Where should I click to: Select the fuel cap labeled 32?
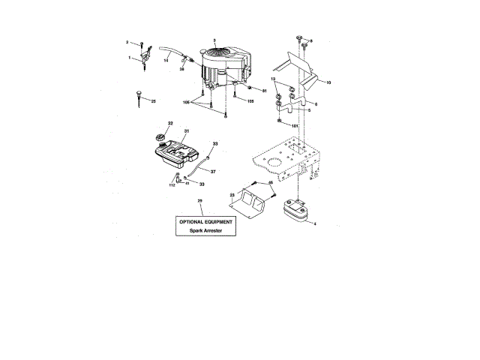[x=159, y=136]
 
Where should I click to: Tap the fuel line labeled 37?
[x=196, y=166]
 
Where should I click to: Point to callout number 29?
[x=199, y=201]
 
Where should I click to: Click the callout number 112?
[x=172, y=185]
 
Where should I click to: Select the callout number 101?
[x=295, y=125]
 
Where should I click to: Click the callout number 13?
[x=274, y=79]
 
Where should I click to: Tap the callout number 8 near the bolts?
[x=311, y=40]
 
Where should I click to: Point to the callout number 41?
[x=187, y=184]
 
